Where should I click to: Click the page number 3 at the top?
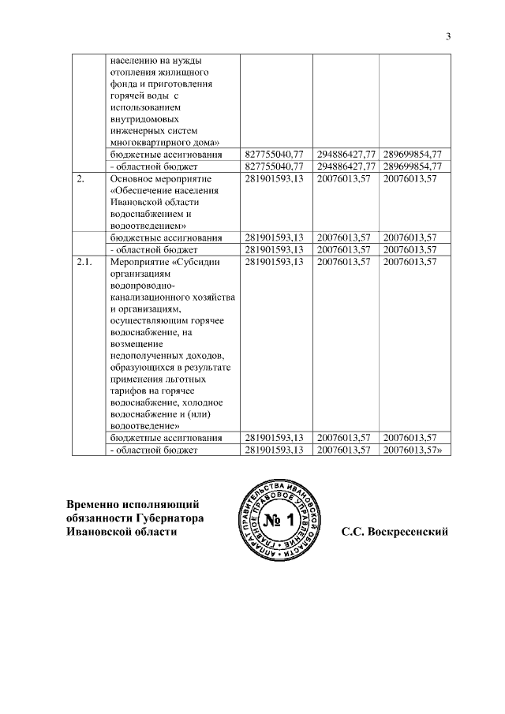tap(447, 36)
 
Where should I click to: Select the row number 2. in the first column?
tap(81, 180)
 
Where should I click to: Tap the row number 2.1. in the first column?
tap(84, 262)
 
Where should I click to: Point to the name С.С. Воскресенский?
tap(395, 532)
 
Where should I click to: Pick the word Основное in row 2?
tap(133, 180)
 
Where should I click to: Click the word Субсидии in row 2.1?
tap(197, 262)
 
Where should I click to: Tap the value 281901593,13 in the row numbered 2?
tap(275, 180)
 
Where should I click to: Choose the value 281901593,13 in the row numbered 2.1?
tap(275, 262)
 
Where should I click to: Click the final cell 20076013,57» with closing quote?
tap(414, 450)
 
